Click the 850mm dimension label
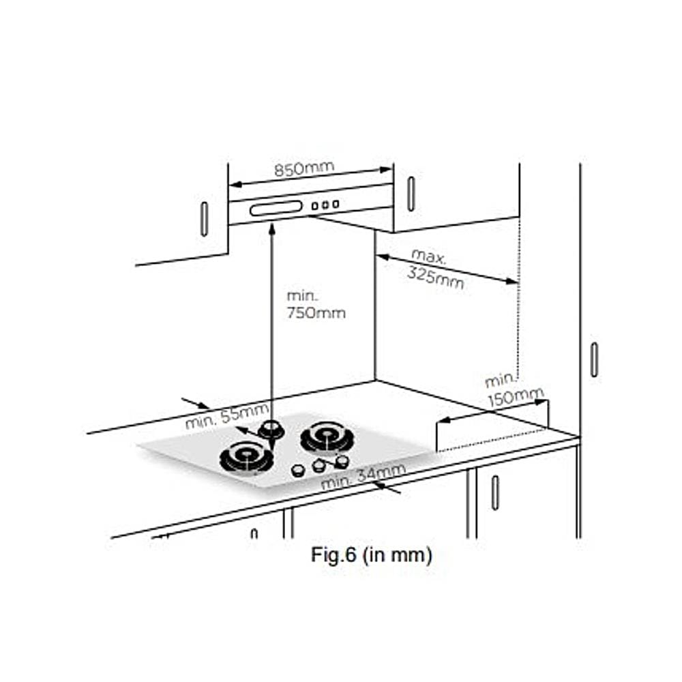pyautogui.click(x=304, y=168)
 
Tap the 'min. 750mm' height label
pyautogui.click(x=316, y=304)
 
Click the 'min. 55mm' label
pyautogui.click(x=226, y=415)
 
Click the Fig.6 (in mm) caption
pyautogui.click(x=372, y=555)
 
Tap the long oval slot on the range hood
pyautogui.click(x=276, y=208)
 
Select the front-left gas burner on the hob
pyautogui.click(x=247, y=458)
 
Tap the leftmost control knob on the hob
pyautogui.click(x=298, y=470)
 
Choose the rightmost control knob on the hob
pyautogui.click(x=342, y=461)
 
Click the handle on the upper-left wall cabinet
pyautogui.click(x=204, y=219)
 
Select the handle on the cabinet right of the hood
pyautogui.click(x=411, y=194)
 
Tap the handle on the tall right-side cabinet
pyautogui.click(x=594, y=359)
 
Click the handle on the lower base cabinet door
pyautogui.click(x=495, y=492)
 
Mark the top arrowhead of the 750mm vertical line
pyautogui.click(x=272, y=229)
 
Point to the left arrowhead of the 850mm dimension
pyautogui.click(x=235, y=184)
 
